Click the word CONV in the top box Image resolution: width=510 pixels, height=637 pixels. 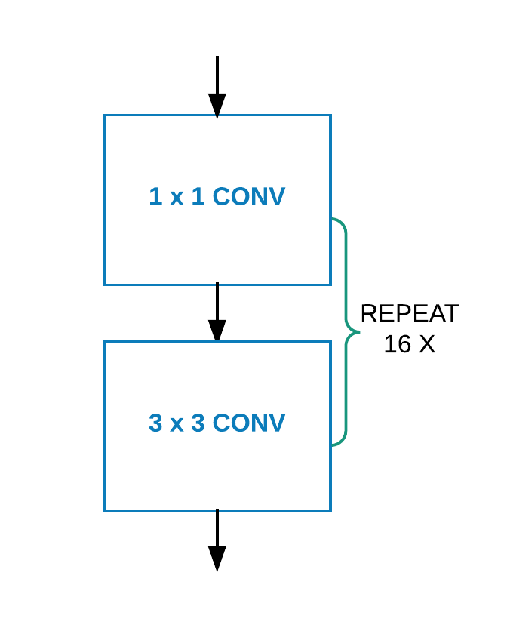click(x=248, y=197)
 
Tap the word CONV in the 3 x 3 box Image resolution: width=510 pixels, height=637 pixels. click(x=248, y=423)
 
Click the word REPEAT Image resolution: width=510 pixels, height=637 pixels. click(x=409, y=314)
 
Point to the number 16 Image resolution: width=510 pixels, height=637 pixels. click(x=396, y=345)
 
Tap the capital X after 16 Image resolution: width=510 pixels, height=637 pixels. click(x=426, y=345)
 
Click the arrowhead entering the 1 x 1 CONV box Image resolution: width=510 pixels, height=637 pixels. click(x=217, y=105)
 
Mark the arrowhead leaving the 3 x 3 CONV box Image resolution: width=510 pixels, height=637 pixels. click(x=217, y=558)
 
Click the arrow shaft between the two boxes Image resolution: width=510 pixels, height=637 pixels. click(x=217, y=302)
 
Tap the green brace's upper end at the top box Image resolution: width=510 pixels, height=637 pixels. click(x=333, y=220)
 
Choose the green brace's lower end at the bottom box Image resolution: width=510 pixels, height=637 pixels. click(x=333, y=445)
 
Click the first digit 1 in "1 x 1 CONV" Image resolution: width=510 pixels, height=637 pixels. click(x=155, y=197)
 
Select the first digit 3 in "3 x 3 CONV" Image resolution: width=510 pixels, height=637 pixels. click(x=155, y=423)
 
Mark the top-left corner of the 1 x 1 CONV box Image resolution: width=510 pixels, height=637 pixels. click(x=104, y=115)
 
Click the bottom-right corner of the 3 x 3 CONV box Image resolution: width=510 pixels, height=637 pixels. click(x=330, y=511)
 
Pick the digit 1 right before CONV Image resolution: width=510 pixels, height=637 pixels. click(x=197, y=197)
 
